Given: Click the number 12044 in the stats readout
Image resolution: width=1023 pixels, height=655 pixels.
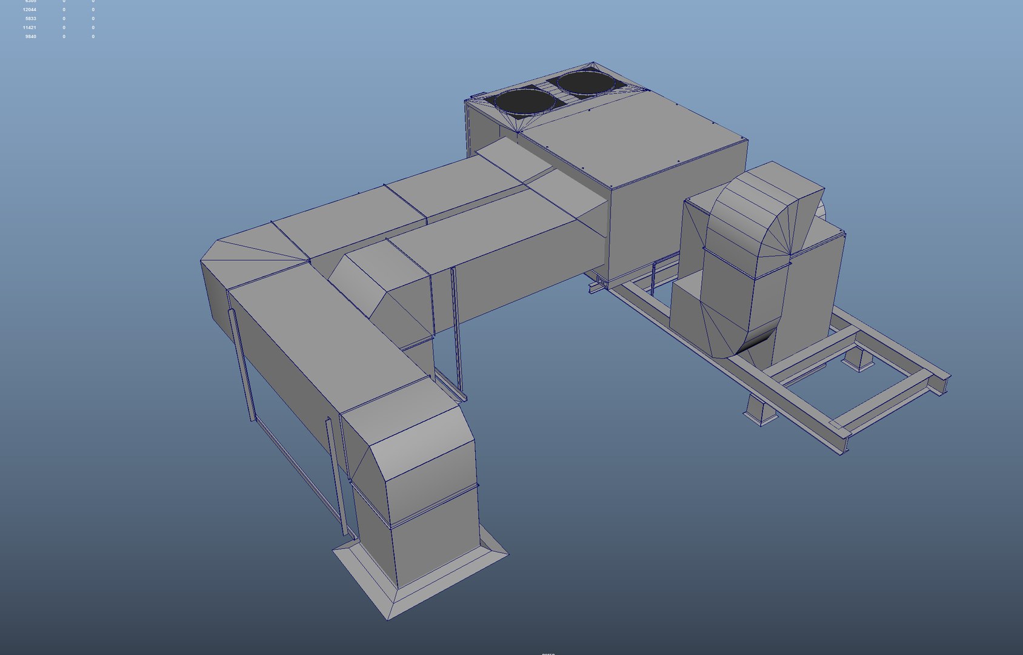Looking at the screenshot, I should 30,10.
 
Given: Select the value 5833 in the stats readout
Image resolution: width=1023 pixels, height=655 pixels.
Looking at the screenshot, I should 31,19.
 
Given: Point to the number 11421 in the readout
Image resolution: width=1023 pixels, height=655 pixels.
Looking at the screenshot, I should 30,28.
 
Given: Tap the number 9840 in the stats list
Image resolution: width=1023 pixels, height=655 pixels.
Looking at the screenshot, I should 31,37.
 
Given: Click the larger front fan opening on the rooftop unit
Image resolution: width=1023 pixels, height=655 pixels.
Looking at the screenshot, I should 524,102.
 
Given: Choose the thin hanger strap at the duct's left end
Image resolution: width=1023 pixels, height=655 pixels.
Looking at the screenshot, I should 242,364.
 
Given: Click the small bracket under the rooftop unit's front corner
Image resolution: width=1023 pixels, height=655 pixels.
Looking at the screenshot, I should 601,281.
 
